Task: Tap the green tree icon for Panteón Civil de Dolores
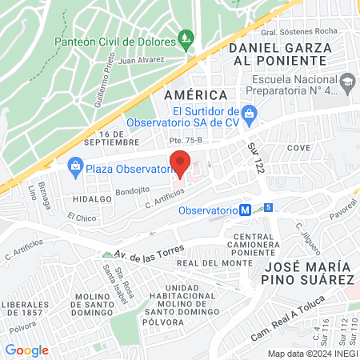[186, 37]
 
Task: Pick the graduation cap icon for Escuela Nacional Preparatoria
[347, 81]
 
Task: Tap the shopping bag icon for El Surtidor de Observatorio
[249, 114]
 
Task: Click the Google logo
[26, 350]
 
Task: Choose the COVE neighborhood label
[298, 149]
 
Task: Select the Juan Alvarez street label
[140, 59]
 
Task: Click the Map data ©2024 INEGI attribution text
[312, 354]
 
